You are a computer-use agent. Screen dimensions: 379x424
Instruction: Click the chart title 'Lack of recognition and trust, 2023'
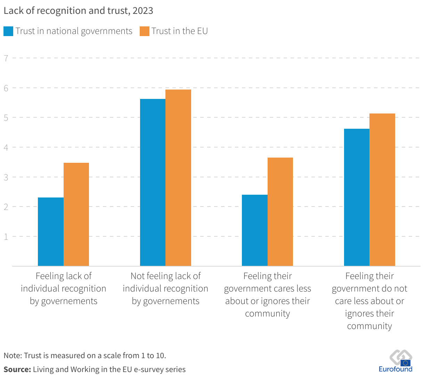click(x=78, y=11)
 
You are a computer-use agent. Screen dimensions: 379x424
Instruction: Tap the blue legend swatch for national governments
click(x=8, y=31)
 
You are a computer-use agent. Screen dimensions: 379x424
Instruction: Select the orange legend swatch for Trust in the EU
click(x=144, y=31)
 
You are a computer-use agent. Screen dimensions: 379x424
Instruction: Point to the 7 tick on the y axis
click(x=6, y=58)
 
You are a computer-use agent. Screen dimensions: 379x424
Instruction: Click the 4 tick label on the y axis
click(x=6, y=147)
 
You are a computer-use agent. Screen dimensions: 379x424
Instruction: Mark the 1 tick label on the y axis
click(x=6, y=236)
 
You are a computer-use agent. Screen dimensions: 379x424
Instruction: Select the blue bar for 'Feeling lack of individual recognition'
click(x=51, y=232)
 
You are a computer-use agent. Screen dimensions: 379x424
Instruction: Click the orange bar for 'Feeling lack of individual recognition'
click(x=76, y=214)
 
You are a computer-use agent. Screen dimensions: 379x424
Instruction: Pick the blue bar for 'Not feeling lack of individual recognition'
click(x=153, y=183)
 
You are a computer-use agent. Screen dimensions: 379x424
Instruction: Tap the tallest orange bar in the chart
click(x=178, y=178)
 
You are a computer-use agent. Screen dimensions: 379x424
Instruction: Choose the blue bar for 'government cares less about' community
click(x=254, y=230)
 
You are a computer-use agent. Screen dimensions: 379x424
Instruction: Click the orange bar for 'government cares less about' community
click(x=280, y=212)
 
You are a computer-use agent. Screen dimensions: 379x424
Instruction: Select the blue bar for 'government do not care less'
click(x=357, y=197)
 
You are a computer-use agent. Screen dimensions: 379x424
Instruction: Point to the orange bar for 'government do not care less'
click(x=382, y=190)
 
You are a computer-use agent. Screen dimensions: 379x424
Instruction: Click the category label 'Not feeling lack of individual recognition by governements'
click(x=165, y=288)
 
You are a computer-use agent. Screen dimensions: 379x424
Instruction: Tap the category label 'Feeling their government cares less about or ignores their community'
click(x=267, y=295)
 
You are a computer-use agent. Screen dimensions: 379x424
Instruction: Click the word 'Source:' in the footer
click(x=17, y=370)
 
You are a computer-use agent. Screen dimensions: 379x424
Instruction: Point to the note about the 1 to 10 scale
click(x=85, y=355)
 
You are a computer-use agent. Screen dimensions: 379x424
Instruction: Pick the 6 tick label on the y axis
click(x=6, y=88)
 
